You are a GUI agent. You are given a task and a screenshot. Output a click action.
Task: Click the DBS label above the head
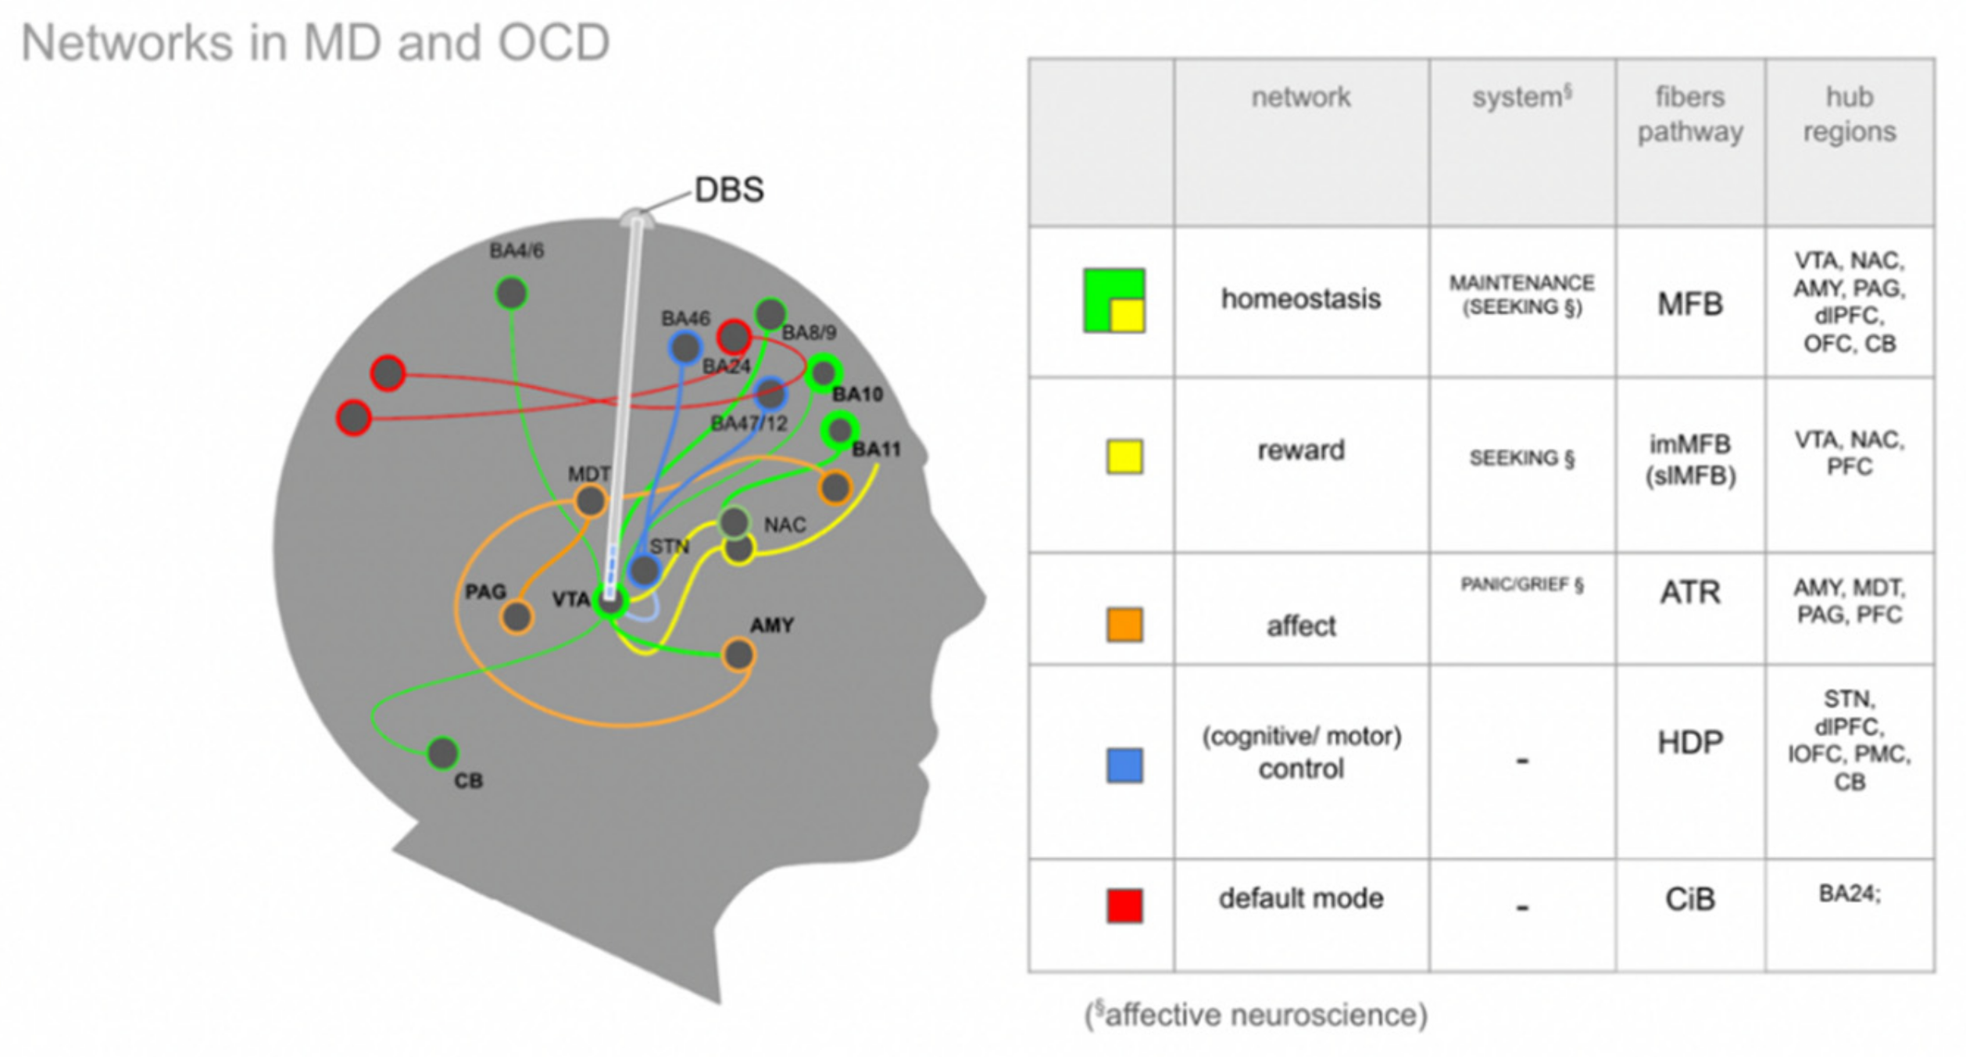click(x=728, y=190)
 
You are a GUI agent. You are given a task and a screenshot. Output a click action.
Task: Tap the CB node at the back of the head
click(x=442, y=753)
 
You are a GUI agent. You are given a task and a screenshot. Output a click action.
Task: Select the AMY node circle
click(x=738, y=654)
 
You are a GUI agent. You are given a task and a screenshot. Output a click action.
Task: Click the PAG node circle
click(x=517, y=617)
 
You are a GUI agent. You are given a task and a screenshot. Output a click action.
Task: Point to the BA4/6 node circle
click(x=512, y=293)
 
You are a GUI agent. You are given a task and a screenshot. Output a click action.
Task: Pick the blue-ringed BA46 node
click(x=685, y=348)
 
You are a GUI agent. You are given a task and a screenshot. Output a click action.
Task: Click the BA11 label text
click(x=876, y=450)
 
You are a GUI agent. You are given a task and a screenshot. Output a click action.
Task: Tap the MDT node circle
click(x=590, y=501)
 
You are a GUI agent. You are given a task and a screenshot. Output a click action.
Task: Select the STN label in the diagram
click(x=670, y=546)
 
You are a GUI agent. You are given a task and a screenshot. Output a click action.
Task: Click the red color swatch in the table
click(x=1124, y=905)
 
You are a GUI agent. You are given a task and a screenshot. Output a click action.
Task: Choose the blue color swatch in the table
click(x=1124, y=765)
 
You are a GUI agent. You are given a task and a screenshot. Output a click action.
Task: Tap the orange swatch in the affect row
click(x=1124, y=625)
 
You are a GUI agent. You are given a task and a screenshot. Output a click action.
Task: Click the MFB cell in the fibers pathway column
click(x=1689, y=304)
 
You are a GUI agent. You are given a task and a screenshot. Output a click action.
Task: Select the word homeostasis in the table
click(x=1301, y=299)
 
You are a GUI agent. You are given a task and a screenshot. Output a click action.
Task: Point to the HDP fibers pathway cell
click(x=1689, y=743)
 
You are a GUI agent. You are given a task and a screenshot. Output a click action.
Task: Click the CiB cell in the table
click(x=1689, y=899)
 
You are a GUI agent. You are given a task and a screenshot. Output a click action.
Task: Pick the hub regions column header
click(x=1849, y=114)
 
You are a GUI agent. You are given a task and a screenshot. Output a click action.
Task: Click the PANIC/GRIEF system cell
click(x=1521, y=585)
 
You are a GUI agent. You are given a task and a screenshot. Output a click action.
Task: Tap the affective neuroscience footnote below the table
click(x=1256, y=1015)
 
